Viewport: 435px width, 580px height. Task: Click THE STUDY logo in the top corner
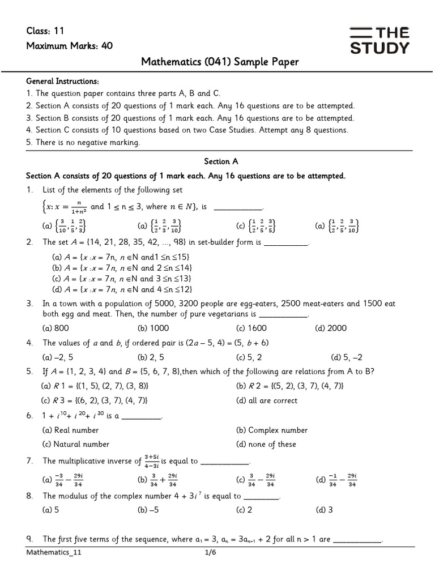click(379, 40)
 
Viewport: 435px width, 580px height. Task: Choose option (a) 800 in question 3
click(56, 328)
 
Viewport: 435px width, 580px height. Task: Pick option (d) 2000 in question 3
click(331, 328)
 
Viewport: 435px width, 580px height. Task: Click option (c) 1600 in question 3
click(251, 328)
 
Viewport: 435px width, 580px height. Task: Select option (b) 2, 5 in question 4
click(151, 357)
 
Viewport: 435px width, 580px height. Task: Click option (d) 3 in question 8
click(324, 509)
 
